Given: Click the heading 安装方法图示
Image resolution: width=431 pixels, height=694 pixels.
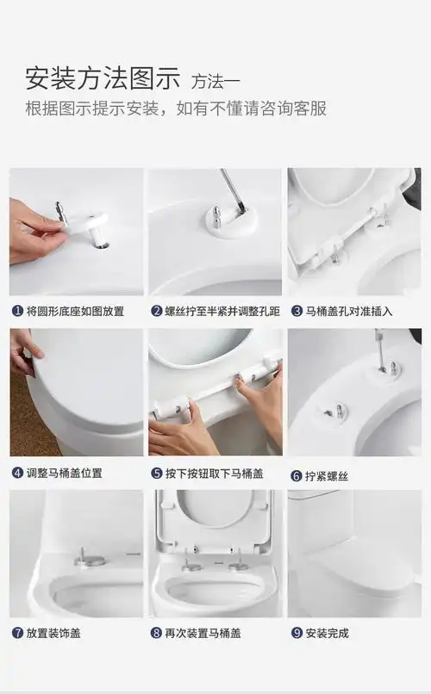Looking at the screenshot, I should click(102, 79).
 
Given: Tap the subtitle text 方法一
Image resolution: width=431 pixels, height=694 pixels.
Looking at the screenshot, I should click(215, 82).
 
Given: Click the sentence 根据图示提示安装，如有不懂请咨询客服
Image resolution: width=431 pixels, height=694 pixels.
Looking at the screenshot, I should click(175, 109).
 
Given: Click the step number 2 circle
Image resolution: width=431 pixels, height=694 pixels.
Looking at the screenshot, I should click(156, 311).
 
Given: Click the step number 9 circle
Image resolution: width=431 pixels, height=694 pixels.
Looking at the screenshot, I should click(296, 633).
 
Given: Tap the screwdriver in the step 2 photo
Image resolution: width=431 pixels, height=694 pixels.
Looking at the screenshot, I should click(233, 189).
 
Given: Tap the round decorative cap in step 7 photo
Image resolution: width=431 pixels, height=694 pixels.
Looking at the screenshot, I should click(89, 560).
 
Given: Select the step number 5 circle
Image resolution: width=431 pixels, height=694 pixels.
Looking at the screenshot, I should click(156, 473).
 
